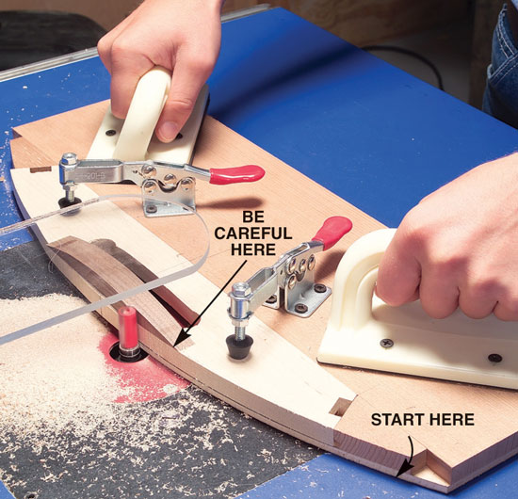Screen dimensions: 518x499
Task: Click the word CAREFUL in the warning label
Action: pyautogui.click(x=253, y=233)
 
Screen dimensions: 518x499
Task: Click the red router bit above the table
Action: pyautogui.click(x=128, y=328)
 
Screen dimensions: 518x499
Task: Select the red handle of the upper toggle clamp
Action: pyautogui.click(x=237, y=174)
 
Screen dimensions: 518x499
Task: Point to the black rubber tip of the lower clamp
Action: pyautogui.click(x=239, y=346)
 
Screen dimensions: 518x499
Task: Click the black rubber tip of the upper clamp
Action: pyautogui.click(x=70, y=202)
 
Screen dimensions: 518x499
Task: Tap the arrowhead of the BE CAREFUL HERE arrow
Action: pyautogui.click(x=180, y=340)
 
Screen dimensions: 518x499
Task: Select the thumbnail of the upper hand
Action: pyautogui.click(x=168, y=130)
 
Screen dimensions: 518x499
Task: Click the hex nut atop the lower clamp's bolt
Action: pyautogui.click(x=239, y=289)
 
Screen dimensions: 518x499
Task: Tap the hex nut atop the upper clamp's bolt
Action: pyautogui.click(x=69, y=159)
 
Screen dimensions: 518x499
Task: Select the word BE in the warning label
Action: pyautogui.click(x=253, y=217)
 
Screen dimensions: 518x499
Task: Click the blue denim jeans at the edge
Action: pyautogui.click(x=500, y=66)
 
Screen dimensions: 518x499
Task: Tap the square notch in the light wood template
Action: pyautogui.click(x=339, y=407)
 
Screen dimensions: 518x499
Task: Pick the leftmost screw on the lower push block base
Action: pyautogui.click(x=387, y=343)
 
